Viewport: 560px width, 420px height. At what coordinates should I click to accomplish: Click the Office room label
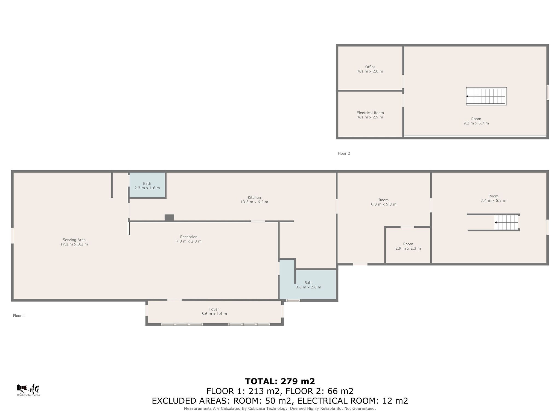tap(370, 67)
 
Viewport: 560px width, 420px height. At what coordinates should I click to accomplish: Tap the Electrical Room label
tap(370, 113)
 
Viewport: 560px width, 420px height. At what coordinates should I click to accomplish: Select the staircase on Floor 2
tap(486, 96)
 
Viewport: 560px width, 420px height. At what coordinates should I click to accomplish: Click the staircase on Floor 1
tap(507, 222)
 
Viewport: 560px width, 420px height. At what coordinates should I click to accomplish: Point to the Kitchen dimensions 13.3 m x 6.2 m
tap(254, 202)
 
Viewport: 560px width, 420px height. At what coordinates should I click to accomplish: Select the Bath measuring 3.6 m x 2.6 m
tap(308, 285)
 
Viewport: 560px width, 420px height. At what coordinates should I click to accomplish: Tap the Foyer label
tap(214, 309)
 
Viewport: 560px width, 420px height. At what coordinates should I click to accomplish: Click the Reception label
tap(189, 237)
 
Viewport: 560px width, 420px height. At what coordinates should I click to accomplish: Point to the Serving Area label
tap(74, 240)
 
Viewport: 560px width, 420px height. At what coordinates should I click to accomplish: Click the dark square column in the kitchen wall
tap(169, 218)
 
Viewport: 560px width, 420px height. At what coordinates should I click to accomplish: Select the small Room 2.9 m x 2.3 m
tap(408, 246)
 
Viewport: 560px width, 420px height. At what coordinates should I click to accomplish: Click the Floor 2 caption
tap(344, 153)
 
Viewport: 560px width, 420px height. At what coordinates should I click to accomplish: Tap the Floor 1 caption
tap(19, 316)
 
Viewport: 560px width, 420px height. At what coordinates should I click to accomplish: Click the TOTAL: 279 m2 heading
tap(280, 381)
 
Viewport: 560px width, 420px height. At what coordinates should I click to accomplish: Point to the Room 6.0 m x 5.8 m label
tap(383, 202)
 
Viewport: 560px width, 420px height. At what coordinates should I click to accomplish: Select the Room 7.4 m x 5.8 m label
tap(493, 198)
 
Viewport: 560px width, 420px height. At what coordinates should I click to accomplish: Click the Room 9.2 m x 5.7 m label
tap(476, 121)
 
